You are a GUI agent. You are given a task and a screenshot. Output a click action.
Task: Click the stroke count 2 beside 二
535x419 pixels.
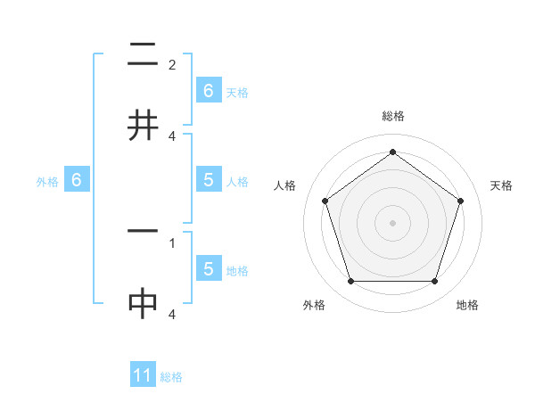(172, 65)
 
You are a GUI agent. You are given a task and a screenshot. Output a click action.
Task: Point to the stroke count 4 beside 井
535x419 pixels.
(172, 136)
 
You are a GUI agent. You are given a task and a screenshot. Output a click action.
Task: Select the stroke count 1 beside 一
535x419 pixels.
(172, 242)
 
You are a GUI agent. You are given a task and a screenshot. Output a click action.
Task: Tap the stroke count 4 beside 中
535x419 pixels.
(172, 314)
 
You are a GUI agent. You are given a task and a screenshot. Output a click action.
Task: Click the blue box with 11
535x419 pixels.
(143, 375)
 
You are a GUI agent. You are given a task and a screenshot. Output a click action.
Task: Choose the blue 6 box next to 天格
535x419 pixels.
(208, 90)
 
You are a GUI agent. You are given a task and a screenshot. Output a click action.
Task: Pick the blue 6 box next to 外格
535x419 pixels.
(77, 180)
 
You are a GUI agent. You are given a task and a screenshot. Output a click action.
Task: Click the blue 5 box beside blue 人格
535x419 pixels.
(208, 180)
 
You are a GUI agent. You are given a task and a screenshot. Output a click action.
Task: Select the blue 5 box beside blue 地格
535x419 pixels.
(208, 269)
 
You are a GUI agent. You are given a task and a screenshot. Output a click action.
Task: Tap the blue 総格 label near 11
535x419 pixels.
(171, 377)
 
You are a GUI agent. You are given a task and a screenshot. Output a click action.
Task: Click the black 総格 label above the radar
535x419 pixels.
(392, 117)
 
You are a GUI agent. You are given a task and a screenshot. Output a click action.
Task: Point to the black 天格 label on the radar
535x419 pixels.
(502, 185)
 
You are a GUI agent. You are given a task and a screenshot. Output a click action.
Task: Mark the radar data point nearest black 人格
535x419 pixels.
(325, 201)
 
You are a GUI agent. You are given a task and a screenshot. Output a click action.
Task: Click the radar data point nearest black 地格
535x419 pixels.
(435, 282)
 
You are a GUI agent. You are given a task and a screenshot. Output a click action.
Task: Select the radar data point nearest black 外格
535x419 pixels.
(350, 282)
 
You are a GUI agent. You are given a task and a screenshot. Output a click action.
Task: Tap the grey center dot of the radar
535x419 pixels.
(392, 222)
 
